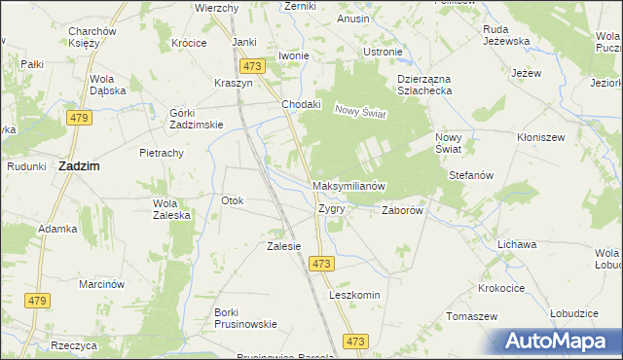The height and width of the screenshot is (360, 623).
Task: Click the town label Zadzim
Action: click(83, 166)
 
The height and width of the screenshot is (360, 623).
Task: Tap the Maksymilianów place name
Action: click(350, 185)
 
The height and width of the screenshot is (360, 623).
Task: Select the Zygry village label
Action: click(332, 208)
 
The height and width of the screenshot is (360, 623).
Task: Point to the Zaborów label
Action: click(401, 209)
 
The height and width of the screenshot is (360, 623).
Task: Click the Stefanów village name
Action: click(472, 175)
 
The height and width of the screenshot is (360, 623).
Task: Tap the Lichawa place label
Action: click(517, 244)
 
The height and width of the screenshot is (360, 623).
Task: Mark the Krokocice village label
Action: click(502, 288)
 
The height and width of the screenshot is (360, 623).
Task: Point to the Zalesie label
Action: click(283, 246)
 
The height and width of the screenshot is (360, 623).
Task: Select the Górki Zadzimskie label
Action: click(197, 118)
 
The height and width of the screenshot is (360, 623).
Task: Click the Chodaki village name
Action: click(301, 104)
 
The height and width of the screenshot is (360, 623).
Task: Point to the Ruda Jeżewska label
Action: click(506, 35)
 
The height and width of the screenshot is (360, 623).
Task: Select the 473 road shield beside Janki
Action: click(252, 66)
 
